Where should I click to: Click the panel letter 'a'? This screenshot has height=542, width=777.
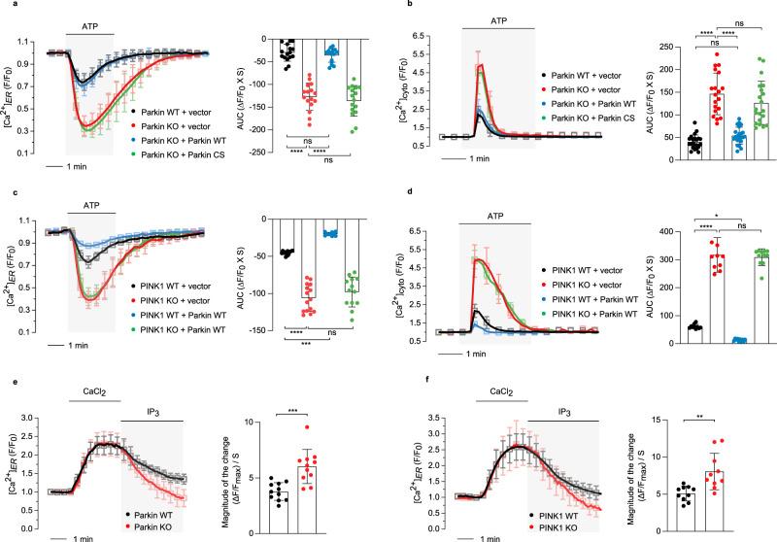click(6, 6)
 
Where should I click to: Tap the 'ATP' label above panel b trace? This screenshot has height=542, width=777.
click(499, 17)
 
